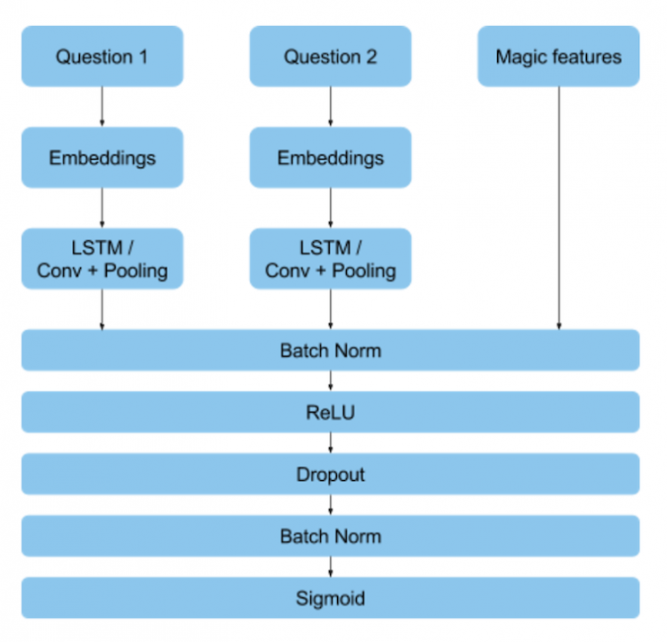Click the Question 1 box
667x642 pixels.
pyautogui.click(x=102, y=57)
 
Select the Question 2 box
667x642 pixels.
pyautogui.click(x=330, y=57)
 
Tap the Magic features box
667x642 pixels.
pyautogui.click(x=558, y=57)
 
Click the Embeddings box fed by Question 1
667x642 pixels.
pyautogui.click(x=102, y=158)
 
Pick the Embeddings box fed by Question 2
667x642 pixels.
pyautogui.click(x=330, y=158)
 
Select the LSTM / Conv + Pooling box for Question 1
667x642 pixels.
pyautogui.click(x=102, y=259)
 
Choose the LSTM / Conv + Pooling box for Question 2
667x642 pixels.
pyautogui.click(x=330, y=259)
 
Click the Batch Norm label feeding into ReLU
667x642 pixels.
pyautogui.click(x=330, y=351)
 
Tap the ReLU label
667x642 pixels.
pyautogui.click(x=330, y=413)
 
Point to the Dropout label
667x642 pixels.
pyautogui.click(x=330, y=475)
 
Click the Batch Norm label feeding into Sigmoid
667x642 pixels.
pyautogui.click(x=330, y=537)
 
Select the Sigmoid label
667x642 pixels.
pyautogui.click(x=330, y=598)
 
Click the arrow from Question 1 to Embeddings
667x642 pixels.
pyautogui.click(x=102, y=107)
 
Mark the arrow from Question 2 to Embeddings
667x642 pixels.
pyautogui.click(x=330, y=107)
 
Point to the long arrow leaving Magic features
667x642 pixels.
pyautogui.click(x=558, y=207)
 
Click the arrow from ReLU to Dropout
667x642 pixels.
pyautogui.click(x=330, y=443)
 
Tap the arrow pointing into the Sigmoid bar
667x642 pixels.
pyautogui.click(x=330, y=567)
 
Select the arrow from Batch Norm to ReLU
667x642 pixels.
pyautogui.click(x=330, y=381)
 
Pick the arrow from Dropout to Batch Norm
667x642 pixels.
pyautogui.click(x=330, y=505)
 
